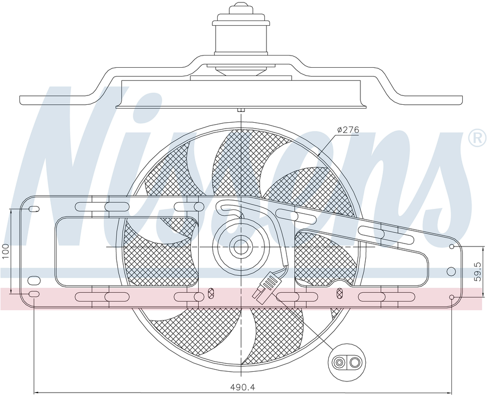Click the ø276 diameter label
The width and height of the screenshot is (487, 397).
pyautogui.click(x=348, y=130)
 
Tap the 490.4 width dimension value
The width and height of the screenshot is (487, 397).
pyautogui.click(x=243, y=387)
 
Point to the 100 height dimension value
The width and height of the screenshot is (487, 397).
pyautogui.click(x=5, y=252)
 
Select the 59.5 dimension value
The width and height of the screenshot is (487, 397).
pyautogui.click(x=478, y=271)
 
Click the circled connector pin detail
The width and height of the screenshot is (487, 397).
pyautogui.click(x=347, y=362)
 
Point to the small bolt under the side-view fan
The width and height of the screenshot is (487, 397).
pyautogui.click(x=241, y=110)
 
